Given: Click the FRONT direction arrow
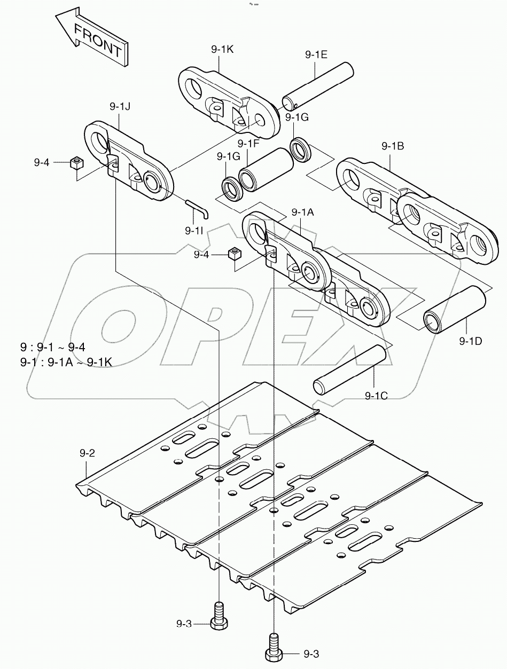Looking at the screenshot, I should [x=91, y=38].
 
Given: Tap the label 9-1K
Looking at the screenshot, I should [x=222, y=50].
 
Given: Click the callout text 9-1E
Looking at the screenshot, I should [x=316, y=54].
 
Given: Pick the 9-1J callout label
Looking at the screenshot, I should [x=120, y=107].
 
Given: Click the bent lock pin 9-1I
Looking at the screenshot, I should [x=197, y=207].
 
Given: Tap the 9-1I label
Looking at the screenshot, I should [x=194, y=230].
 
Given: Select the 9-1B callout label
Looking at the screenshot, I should [x=392, y=145].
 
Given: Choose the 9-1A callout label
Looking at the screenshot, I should [x=302, y=212].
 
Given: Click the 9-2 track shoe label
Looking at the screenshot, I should [x=87, y=453].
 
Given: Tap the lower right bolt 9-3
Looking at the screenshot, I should [x=274, y=648].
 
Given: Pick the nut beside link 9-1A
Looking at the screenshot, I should [x=233, y=254].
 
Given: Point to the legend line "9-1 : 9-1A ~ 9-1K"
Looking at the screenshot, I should [x=66, y=363].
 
